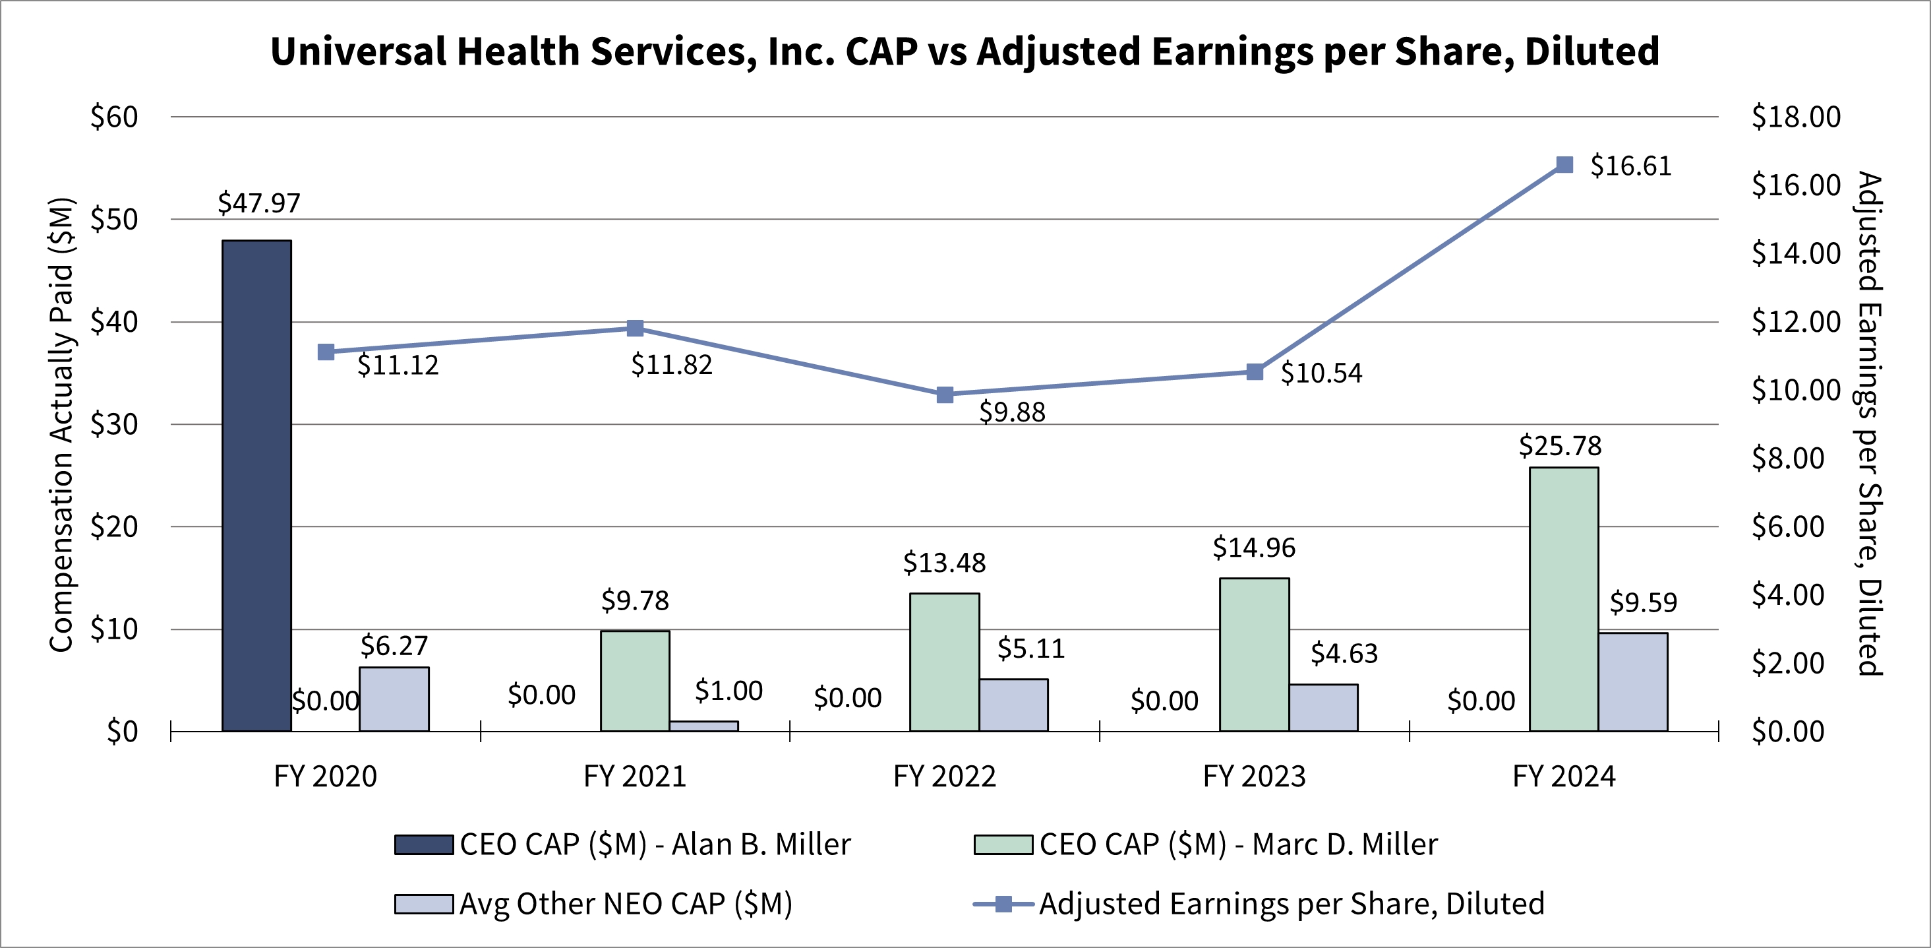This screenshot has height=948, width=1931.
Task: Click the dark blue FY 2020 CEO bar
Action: click(x=256, y=486)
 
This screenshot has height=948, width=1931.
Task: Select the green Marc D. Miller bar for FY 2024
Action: click(x=1564, y=599)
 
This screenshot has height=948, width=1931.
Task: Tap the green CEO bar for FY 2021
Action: click(x=635, y=681)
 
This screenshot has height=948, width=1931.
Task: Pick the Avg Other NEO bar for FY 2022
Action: click(x=1013, y=705)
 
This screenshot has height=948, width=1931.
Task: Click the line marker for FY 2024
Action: click(x=1564, y=165)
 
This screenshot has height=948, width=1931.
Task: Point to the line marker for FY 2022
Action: click(x=945, y=395)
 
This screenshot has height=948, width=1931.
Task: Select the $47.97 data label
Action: click(x=258, y=203)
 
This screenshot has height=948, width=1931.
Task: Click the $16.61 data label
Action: click(x=1631, y=166)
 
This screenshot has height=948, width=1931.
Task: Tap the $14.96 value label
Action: click(x=1254, y=548)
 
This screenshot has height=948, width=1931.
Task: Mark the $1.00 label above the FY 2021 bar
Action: click(x=728, y=691)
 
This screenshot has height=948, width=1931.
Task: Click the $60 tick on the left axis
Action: click(x=114, y=117)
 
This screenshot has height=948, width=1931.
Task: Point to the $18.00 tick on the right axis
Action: click(x=1796, y=117)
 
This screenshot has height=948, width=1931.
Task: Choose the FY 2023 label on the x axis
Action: click(x=1254, y=776)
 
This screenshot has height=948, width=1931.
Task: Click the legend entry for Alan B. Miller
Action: click(x=623, y=844)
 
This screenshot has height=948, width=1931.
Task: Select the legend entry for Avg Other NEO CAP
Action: click(x=594, y=904)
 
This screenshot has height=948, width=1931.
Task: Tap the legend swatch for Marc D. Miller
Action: click(x=1003, y=844)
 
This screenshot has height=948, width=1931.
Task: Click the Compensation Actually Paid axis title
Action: click(x=61, y=424)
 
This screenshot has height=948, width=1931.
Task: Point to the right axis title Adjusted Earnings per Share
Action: click(x=1870, y=424)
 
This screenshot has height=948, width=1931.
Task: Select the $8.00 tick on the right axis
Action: click(x=1789, y=458)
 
